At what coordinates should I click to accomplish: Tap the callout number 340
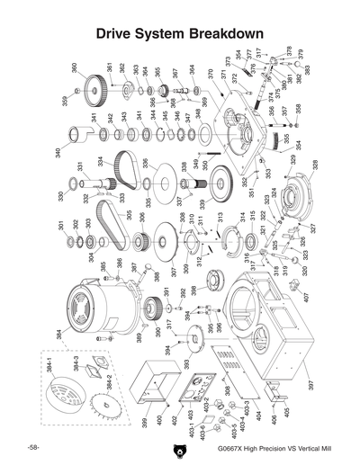click(58, 153)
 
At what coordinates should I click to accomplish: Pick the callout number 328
click(315, 165)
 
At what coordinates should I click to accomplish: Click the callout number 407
click(305, 297)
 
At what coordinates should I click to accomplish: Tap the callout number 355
click(288, 140)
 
